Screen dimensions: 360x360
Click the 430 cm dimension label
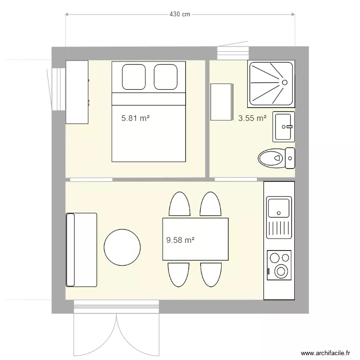(180, 14)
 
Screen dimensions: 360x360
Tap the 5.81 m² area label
(135, 118)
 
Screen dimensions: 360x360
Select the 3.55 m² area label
(252, 118)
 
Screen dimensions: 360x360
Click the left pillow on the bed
(133, 77)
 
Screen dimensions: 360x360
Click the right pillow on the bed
(166, 77)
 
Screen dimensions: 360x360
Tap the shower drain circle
(284, 83)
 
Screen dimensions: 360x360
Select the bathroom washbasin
(283, 127)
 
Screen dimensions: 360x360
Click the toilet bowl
(271, 158)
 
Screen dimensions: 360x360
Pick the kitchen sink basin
(279, 207)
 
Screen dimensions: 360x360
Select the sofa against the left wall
(81, 250)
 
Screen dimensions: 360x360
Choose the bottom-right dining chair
(211, 275)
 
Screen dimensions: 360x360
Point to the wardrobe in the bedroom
(77, 92)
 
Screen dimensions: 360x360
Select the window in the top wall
(232, 53)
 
